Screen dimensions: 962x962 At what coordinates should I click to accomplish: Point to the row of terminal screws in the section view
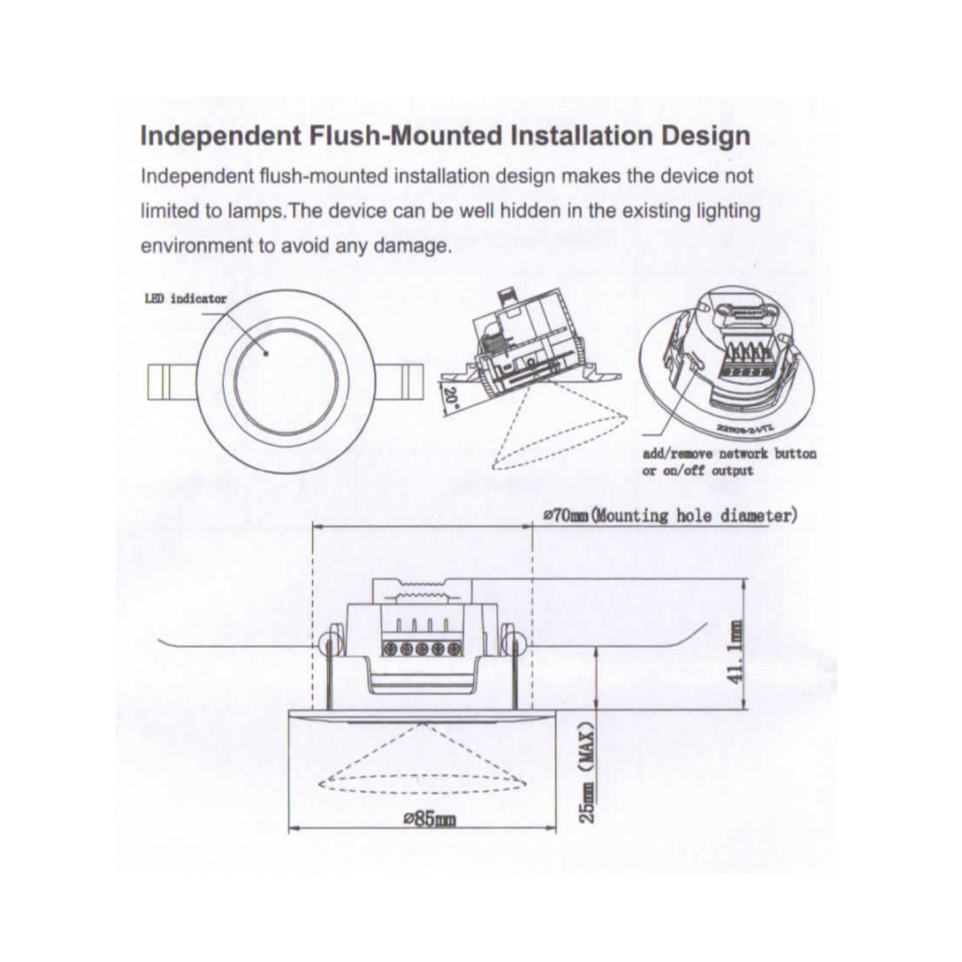422,649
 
